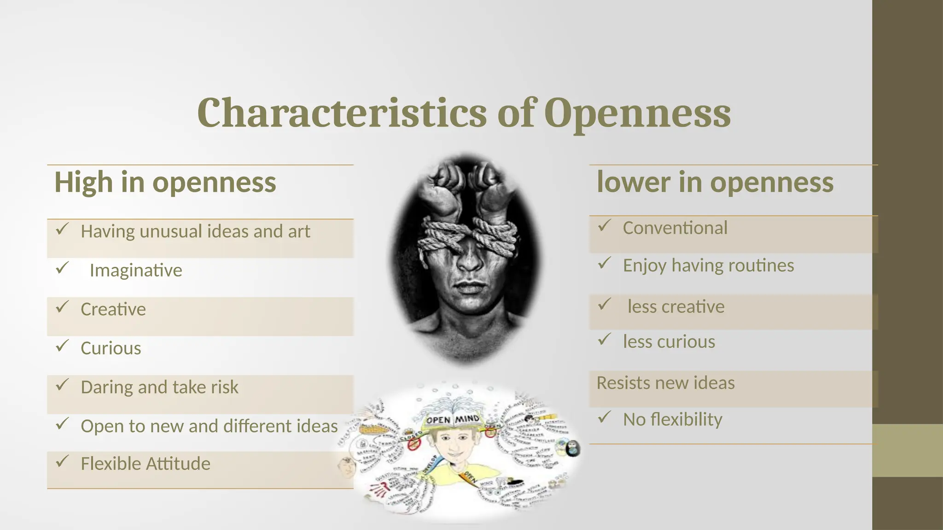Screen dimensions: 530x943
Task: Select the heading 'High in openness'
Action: pos(165,182)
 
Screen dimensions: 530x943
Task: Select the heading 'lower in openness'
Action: pos(715,182)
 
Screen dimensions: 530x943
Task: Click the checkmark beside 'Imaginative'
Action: pos(62,267)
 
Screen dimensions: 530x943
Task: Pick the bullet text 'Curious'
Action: pos(111,348)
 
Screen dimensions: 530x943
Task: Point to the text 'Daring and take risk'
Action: pos(159,387)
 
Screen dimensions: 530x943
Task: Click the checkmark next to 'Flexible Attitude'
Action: pos(62,461)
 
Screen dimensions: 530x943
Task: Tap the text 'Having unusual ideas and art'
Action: pos(195,231)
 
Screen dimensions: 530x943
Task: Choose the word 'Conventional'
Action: pos(675,228)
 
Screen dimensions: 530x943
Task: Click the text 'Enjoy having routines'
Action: pos(708,265)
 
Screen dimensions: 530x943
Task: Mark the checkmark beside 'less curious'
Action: pos(604,340)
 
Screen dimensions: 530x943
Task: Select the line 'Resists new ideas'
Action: pos(665,383)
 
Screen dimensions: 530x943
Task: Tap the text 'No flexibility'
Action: pos(672,420)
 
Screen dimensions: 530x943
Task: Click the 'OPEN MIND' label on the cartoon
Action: pos(453,420)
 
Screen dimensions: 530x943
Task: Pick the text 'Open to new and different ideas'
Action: pos(209,426)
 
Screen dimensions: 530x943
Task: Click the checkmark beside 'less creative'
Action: pos(604,304)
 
